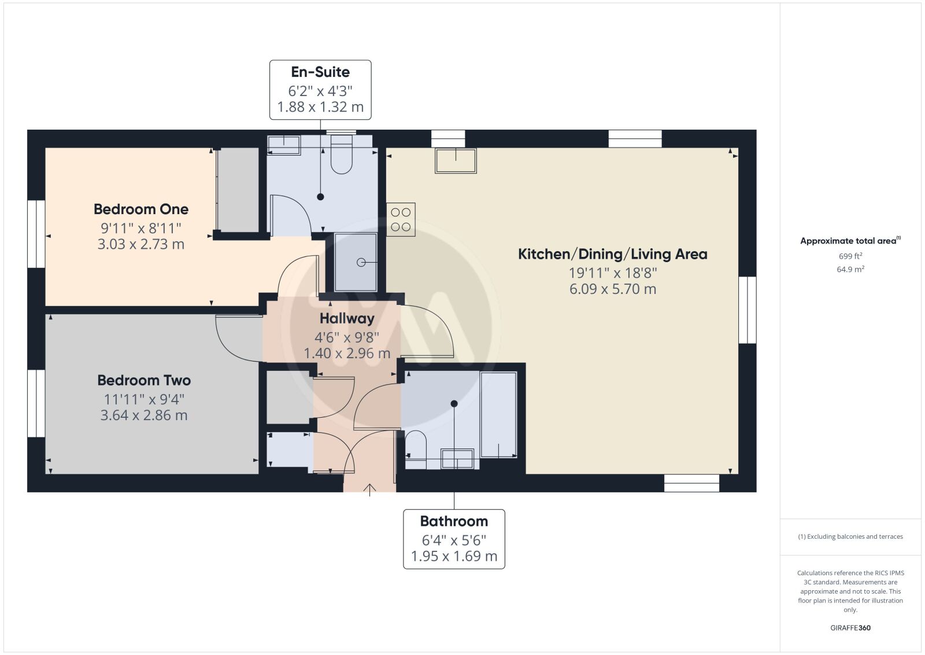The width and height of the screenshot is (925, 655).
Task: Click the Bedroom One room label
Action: (x=141, y=209)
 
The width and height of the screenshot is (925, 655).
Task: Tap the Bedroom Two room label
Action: (x=144, y=380)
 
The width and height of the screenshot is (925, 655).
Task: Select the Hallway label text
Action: (x=347, y=319)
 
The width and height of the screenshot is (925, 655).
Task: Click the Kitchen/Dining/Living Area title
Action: (x=612, y=254)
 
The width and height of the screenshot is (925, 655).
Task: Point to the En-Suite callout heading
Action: (x=320, y=72)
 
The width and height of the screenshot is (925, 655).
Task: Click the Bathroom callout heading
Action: (x=454, y=521)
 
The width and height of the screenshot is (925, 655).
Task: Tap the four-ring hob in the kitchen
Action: (x=401, y=219)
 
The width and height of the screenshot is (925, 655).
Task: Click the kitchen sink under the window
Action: (x=456, y=161)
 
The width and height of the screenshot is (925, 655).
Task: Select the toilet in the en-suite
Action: (x=341, y=155)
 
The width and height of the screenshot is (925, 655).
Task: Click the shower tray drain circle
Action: (x=361, y=263)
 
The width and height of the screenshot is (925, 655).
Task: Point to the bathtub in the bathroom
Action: (x=498, y=414)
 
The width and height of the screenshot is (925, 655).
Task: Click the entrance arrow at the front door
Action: (x=369, y=490)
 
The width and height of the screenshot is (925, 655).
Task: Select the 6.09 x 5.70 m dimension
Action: (x=612, y=289)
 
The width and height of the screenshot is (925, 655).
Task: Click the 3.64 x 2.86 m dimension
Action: (x=144, y=415)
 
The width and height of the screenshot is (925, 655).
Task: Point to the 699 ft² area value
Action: (x=850, y=256)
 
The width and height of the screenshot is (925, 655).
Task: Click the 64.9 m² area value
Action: (x=850, y=269)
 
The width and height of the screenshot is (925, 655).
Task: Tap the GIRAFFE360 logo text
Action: (x=850, y=628)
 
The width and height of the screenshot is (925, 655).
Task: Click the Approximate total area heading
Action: (x=850, y=241)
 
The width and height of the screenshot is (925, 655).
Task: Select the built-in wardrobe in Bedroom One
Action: (x=238, y=190)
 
